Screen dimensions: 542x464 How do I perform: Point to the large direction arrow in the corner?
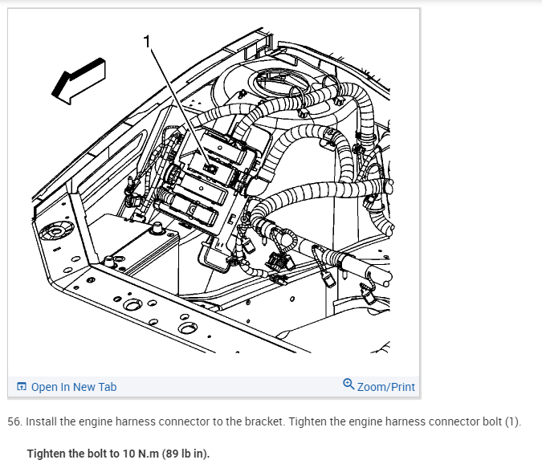click(78, 80)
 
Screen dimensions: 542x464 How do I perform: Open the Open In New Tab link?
click(73, 387)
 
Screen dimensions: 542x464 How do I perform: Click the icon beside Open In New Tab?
click(22, 387)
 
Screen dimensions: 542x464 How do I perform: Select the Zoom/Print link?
click(386, 387)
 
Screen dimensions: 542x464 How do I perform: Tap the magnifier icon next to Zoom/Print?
click(348, 385)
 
